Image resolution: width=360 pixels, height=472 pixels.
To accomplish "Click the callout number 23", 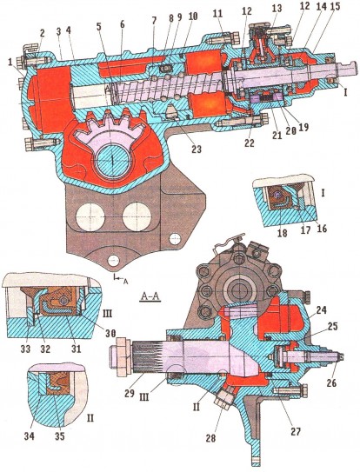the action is click(x=197, y=149).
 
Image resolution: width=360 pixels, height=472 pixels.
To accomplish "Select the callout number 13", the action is click(x=277, y=8).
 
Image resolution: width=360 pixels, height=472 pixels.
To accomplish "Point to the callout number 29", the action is click(x=130, y=394).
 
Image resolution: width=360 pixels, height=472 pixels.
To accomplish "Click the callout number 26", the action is click(x=331, y=382).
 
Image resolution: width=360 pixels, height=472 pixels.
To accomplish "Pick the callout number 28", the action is click(x=210, y=438).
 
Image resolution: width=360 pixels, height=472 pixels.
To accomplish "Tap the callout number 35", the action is click(x=60, y=435).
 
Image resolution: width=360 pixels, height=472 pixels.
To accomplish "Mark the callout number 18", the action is click(x=283, y=233).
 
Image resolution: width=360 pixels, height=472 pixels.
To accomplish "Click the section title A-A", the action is click(x=150, y=297).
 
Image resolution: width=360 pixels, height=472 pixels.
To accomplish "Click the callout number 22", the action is click(x=250, y=143).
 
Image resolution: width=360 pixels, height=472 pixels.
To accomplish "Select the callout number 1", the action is click(x=11, y=63).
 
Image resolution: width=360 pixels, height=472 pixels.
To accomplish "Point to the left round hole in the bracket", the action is click(x=90, y=216).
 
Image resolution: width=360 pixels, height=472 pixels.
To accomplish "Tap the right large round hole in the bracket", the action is click(x=137, y=216).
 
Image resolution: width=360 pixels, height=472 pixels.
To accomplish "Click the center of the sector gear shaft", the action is click(x=112, y=159).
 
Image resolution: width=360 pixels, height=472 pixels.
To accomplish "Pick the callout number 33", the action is click(x=25, y=349).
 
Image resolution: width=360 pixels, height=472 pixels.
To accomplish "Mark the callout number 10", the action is click(x=192, y=17).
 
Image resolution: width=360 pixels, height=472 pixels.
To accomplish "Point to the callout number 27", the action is click(x=296, y=432).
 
